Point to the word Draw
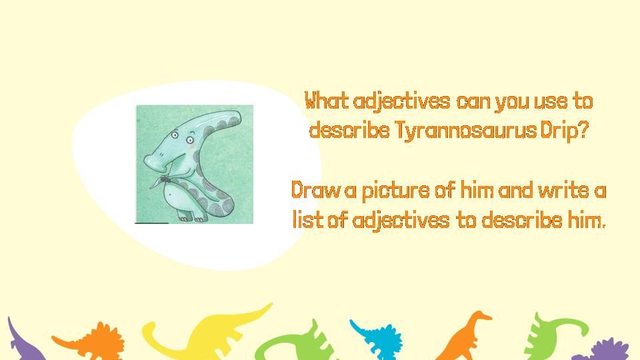click(315, 190)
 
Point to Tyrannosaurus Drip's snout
click(154, 162)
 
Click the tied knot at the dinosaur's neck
click(165, 179)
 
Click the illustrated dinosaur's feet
click(192, 217)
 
